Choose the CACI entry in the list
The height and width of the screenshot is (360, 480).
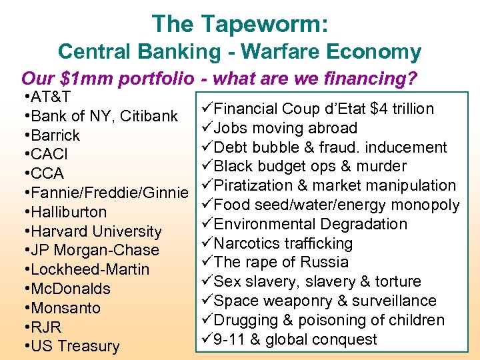tap(50, 155)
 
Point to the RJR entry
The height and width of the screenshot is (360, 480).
tap(47, 327)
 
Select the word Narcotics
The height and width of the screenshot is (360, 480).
tap(247, 243)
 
